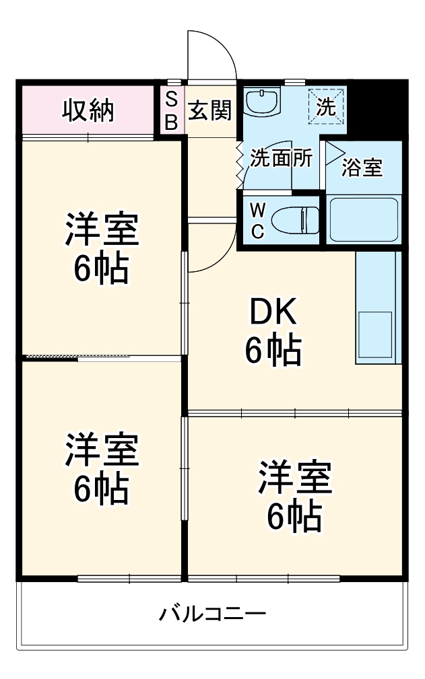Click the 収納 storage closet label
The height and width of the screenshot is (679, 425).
tap(88, 110)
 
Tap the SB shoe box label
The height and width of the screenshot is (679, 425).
tap(172, 110)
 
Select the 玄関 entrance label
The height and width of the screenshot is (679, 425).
tap(209, 110)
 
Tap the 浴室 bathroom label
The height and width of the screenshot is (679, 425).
tap(362, 168)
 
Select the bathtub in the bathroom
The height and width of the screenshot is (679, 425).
tap(364, 219)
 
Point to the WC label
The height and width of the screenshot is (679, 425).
tap(257, 220)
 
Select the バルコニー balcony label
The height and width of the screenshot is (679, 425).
tap(212, 614)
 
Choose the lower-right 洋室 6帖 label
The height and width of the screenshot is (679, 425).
tap(294, 496)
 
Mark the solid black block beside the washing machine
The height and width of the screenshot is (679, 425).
tap(378, 108)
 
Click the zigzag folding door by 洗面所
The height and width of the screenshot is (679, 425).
tap(239, 165)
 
